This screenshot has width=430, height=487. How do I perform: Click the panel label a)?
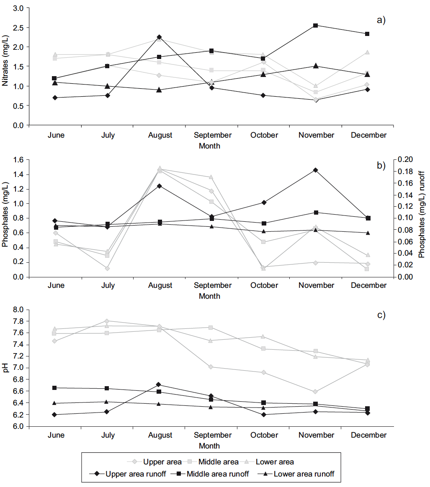click(x=381, y=20)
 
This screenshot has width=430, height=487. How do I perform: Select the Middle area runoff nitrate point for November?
click(x=316, y=26)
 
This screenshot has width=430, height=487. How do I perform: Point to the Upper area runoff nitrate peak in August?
click(x=159, y=37)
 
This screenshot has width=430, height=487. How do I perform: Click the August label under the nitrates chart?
click(x=160, y=135)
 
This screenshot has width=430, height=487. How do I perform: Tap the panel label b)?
click(x=381, y=165)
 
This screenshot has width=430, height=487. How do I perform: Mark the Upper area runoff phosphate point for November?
click(x=316, y=170)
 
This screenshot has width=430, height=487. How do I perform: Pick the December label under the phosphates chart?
click(x=368, y=285)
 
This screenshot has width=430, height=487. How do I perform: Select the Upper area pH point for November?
click(x=316, y=392)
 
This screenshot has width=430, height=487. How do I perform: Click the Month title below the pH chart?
click(x=209, y=446)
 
